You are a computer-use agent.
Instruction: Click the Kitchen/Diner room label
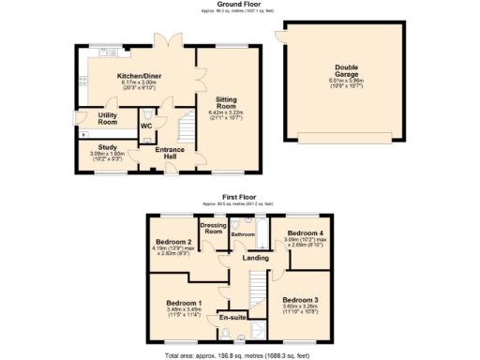[x=136, y=77]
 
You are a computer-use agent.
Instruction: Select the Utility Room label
[x=107, y=119]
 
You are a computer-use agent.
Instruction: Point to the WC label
[x=146, y=125]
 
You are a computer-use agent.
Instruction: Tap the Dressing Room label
[x=213, y=228]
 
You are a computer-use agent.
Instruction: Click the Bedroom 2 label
[x=173, y=242]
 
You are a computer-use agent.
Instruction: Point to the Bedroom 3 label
[x=301, y=300]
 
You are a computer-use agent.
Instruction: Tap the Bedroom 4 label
[x=305, y=232]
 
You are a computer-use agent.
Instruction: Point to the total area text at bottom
[x=239, y=354]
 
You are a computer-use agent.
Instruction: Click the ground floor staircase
[x=186, y=124]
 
